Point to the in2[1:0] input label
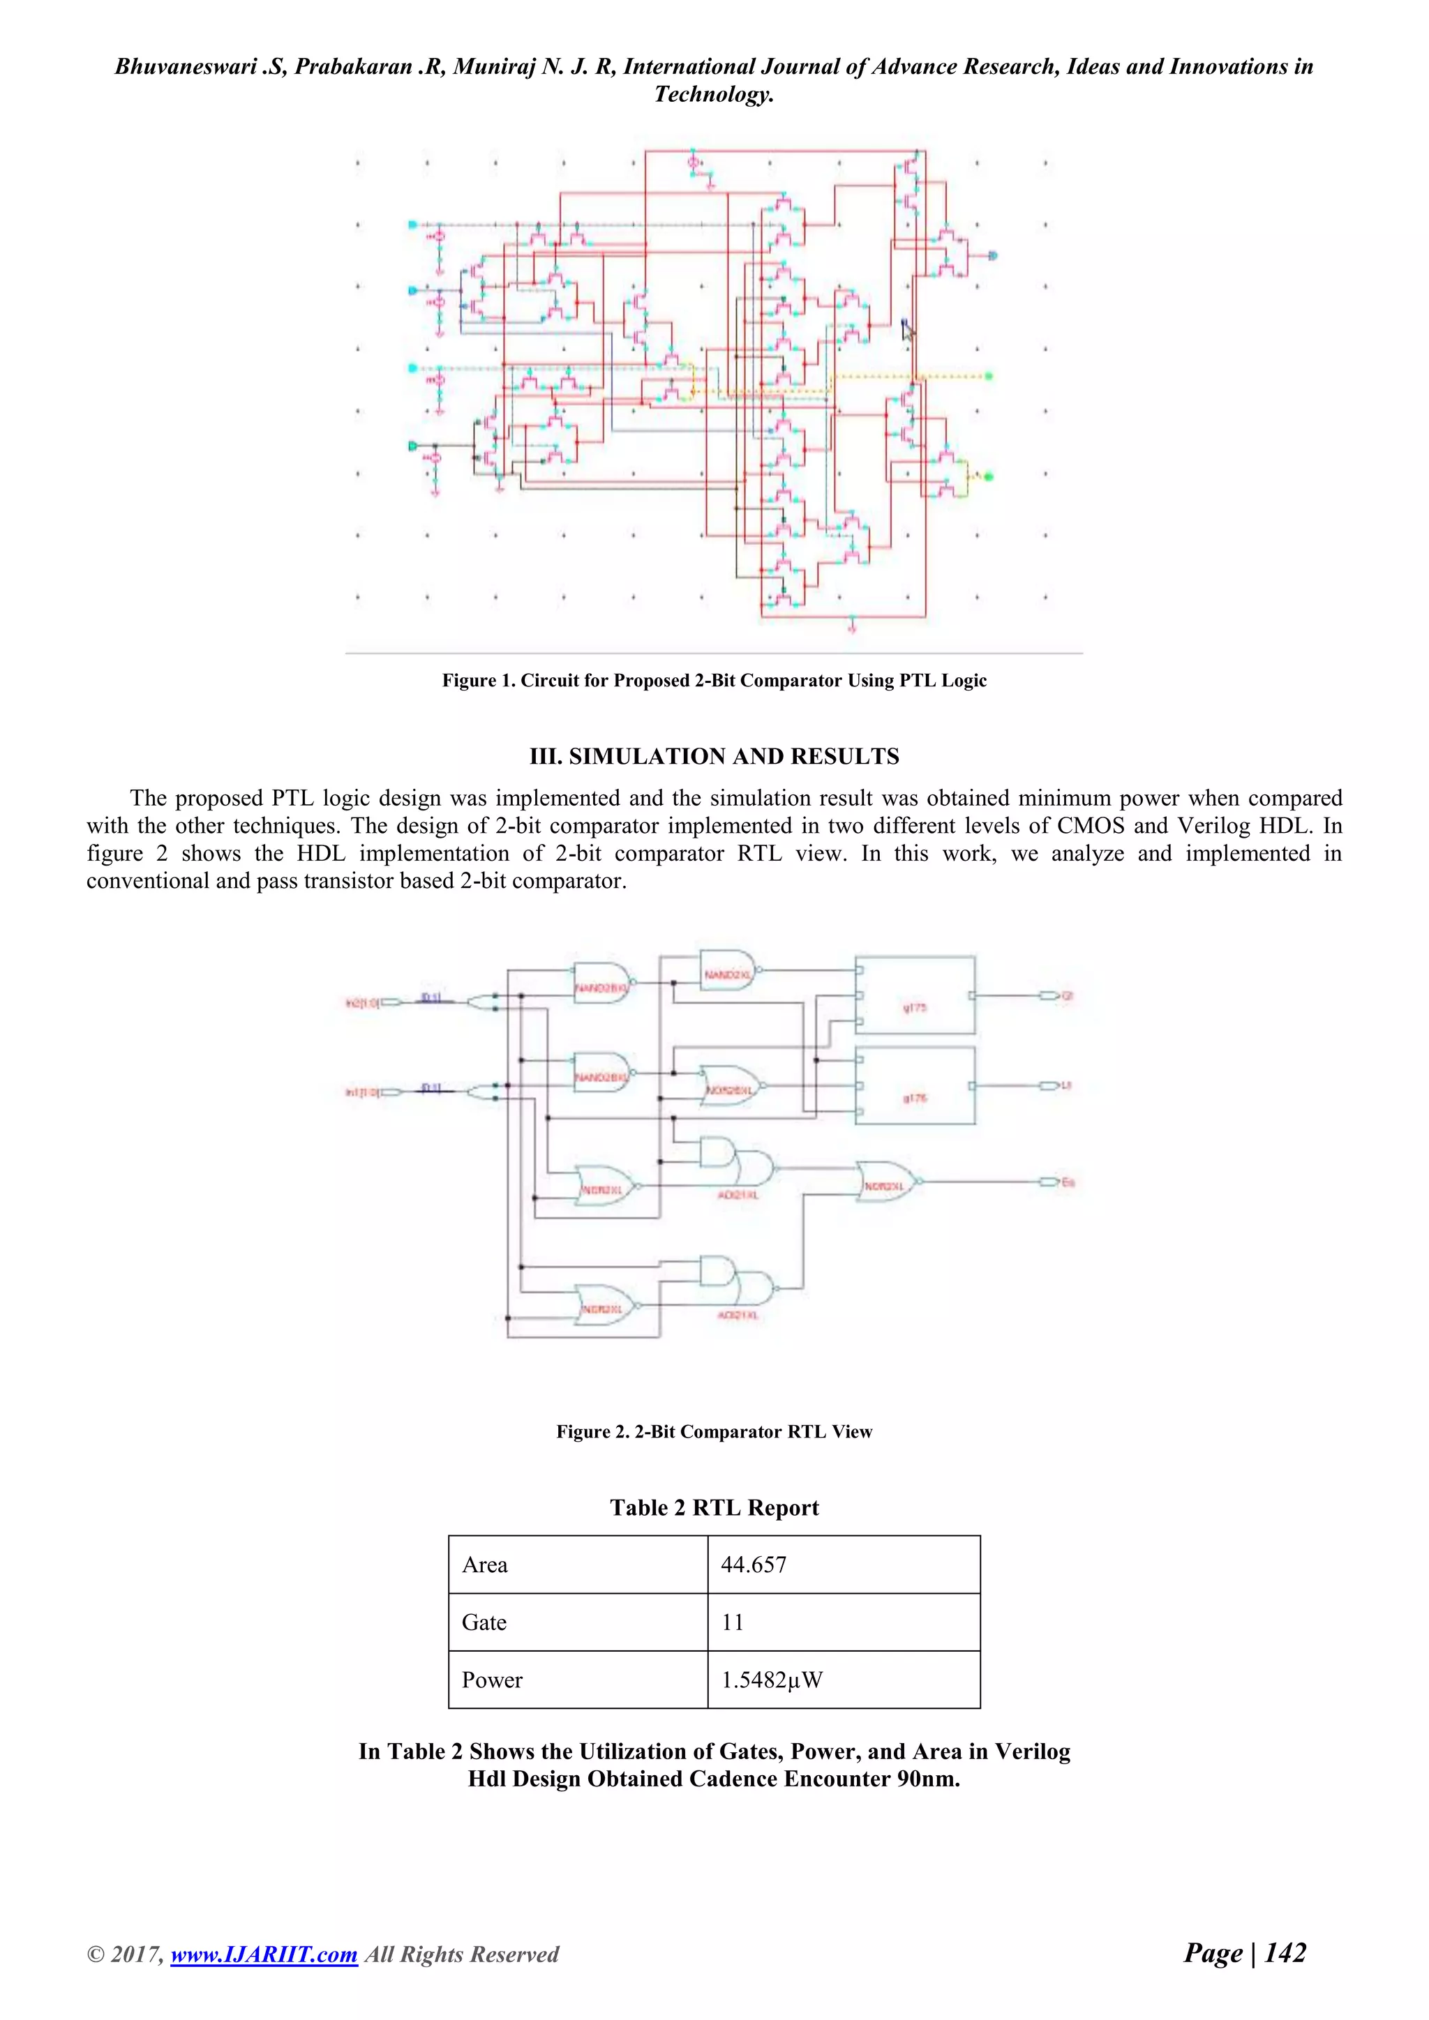coord(364,1002)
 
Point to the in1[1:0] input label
coord(364,1092)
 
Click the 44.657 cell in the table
coord(754,1565)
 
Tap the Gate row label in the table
coord(484,1622)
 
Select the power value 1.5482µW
coord(772,1680)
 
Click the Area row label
coord(485,1565)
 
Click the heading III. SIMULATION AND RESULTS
coord(714,757)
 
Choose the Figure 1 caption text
coord(714,680)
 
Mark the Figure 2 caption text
coord(714,1432)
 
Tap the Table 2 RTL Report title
coord(714,1508)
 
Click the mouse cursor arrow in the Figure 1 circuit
coord(908,330)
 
